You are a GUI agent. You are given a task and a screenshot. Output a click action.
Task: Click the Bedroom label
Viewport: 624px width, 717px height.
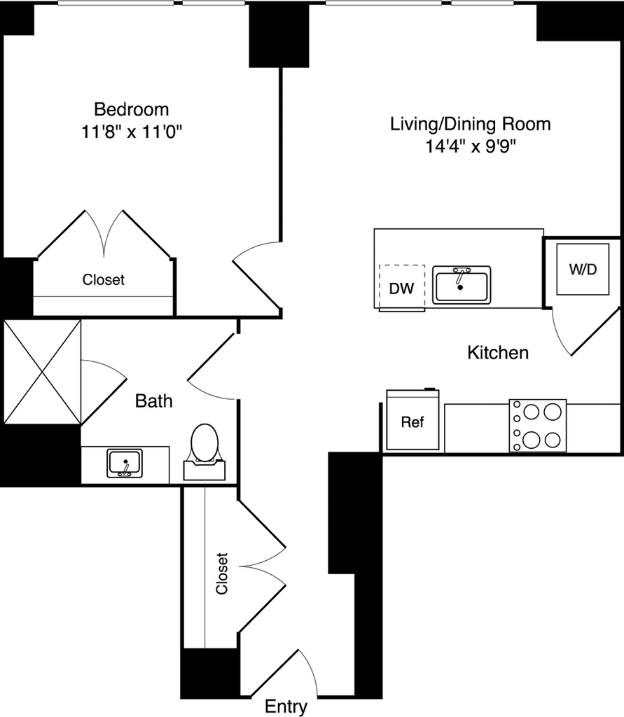[132, 109]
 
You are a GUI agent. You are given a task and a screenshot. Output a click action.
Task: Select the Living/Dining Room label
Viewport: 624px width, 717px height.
[470, 125]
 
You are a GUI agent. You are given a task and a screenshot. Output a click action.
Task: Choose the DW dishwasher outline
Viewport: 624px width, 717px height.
[401, 286]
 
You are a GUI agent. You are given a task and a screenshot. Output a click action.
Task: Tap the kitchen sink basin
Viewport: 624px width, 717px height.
[461, 284]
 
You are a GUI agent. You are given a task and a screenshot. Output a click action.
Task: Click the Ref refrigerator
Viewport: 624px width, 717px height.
[412, 422]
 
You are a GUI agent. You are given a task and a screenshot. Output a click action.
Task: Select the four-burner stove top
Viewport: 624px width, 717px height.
[538, 426]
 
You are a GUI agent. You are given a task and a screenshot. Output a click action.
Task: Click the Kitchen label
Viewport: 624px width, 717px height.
[498, 353]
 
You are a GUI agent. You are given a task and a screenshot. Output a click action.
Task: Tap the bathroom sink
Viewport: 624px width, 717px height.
[125, 464]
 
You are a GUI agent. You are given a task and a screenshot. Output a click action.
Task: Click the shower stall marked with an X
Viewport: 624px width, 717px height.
[41, 372]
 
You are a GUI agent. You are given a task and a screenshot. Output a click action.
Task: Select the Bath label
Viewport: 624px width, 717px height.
[153, 401]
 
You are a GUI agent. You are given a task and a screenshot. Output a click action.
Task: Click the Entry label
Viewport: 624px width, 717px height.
[286, 707]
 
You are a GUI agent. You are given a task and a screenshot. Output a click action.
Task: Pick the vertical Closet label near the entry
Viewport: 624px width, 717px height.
[222, 574]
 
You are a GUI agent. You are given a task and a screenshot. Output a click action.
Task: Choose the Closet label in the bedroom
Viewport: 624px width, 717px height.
[104, 280]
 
